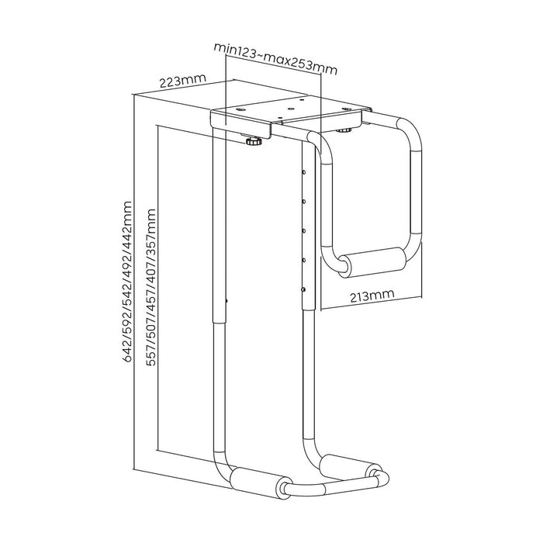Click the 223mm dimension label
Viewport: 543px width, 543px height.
[177, 81]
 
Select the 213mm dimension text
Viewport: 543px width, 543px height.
[368, 296]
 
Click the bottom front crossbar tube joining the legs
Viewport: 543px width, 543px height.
[326, 486]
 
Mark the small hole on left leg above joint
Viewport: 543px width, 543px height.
[226, 302]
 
